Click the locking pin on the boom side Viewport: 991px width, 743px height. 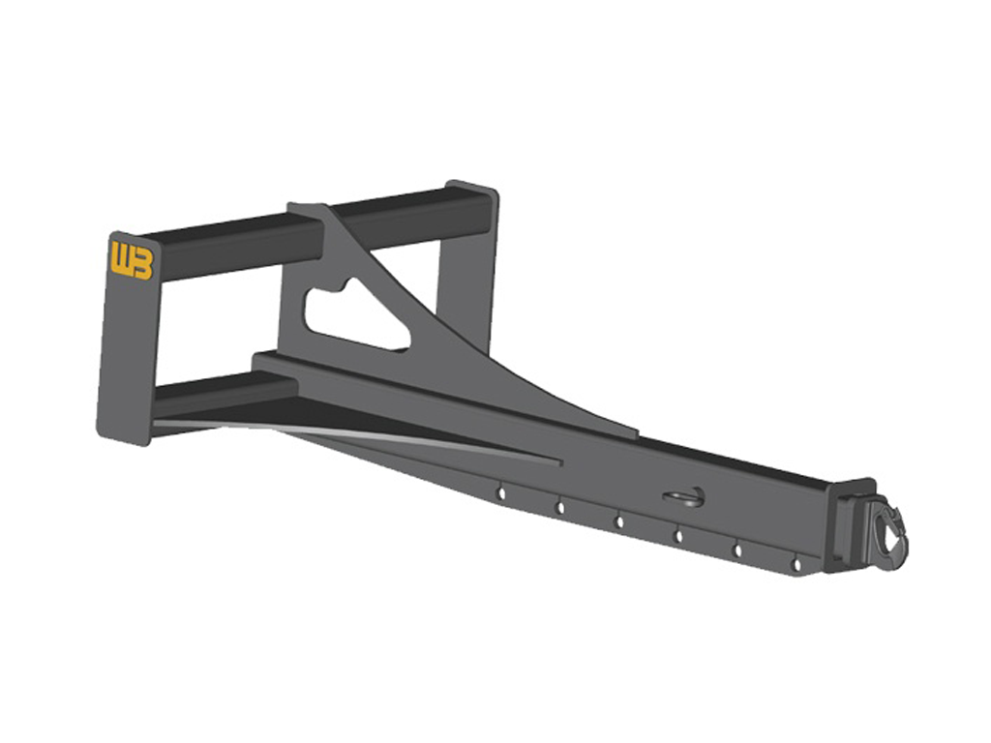coord(683,497)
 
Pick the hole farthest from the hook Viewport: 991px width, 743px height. coord(501,493)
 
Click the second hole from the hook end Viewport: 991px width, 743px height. coord(737,550)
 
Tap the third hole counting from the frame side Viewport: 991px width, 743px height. coord(619,521)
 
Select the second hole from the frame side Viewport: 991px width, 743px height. coord(559,507)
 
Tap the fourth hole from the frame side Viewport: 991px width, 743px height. coord(678,535)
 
